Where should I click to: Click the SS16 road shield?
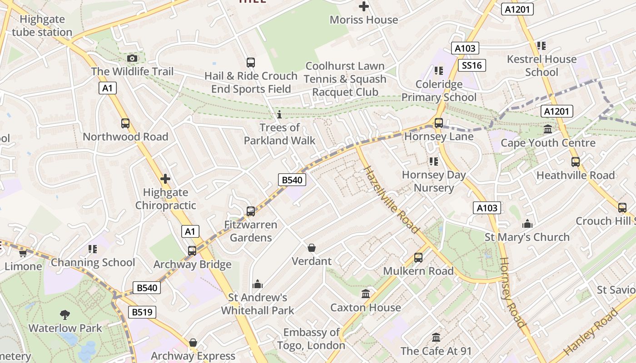472,65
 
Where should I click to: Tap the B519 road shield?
142,312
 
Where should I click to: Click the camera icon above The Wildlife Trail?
132,58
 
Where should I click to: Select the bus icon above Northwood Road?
125,123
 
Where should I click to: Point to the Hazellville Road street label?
391,200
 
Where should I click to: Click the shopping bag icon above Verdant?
312,248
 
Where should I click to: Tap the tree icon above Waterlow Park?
65,314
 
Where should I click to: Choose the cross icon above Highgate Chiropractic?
165,179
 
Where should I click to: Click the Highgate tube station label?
42,26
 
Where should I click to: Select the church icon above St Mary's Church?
527,224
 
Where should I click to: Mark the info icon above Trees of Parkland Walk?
279,114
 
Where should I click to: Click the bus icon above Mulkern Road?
418,258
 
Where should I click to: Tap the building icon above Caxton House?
366,294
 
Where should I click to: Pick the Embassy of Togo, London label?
312,339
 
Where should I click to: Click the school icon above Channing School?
93,249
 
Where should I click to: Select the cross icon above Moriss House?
363,6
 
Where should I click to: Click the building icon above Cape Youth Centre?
548,129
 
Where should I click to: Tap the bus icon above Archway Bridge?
192,251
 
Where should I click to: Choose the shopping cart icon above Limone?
23,253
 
